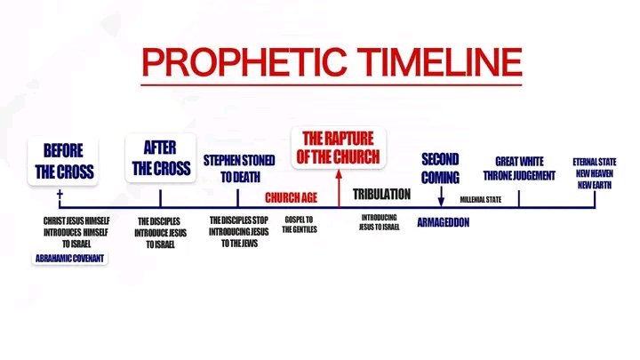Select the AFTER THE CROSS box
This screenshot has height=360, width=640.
point(160,157)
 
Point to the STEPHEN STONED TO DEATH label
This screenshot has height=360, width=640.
point(238,167)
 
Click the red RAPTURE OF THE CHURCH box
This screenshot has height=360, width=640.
point(339,148)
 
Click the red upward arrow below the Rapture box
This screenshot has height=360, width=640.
point(339,187)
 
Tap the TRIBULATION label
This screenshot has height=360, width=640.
point(381,194)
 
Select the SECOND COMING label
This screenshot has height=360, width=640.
point(440,167)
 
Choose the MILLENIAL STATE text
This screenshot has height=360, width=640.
point(481,199)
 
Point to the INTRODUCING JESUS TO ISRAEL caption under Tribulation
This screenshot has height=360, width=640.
point(380,221)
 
